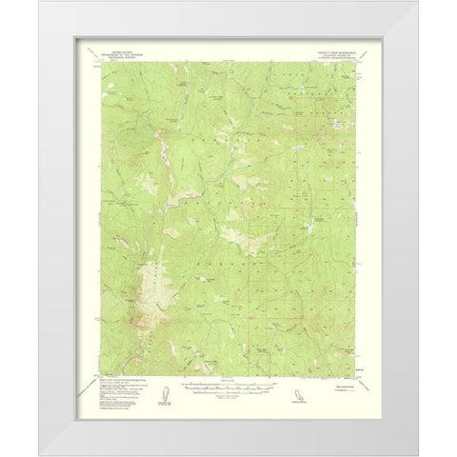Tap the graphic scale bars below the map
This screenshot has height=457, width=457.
224,388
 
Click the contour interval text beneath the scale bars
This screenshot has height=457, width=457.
224,396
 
